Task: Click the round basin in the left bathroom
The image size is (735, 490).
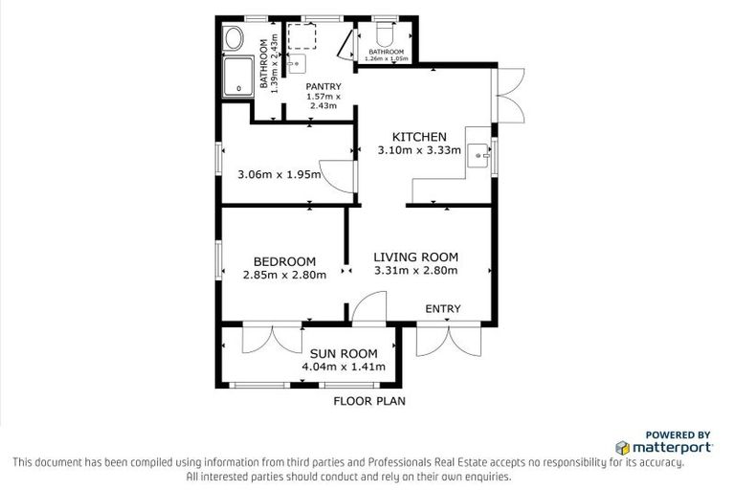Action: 233,40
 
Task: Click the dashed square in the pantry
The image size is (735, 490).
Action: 302,34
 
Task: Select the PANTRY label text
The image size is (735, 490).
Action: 323,86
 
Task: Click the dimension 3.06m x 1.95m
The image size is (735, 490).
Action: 277,174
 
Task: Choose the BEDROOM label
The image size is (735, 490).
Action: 284,261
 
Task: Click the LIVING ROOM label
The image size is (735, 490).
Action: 415,256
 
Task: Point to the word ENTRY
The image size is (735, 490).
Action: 443,308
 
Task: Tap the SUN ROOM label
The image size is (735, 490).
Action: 343,353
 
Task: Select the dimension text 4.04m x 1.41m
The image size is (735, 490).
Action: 343,367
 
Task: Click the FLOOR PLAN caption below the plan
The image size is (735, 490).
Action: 368,402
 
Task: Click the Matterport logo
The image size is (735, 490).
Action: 663,447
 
